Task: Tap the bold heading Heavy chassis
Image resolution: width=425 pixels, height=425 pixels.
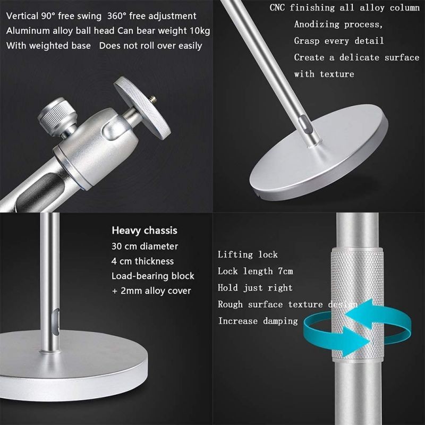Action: (144, 231)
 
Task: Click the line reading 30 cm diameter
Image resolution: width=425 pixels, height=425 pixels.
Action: (144, 246)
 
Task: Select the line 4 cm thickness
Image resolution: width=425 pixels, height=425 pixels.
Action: (142, 261)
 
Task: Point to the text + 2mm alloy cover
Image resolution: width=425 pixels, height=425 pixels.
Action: (151, 291)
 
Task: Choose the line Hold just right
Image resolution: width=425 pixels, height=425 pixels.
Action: (255, 287)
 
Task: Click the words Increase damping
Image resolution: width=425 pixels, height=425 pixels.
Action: (258, 320)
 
